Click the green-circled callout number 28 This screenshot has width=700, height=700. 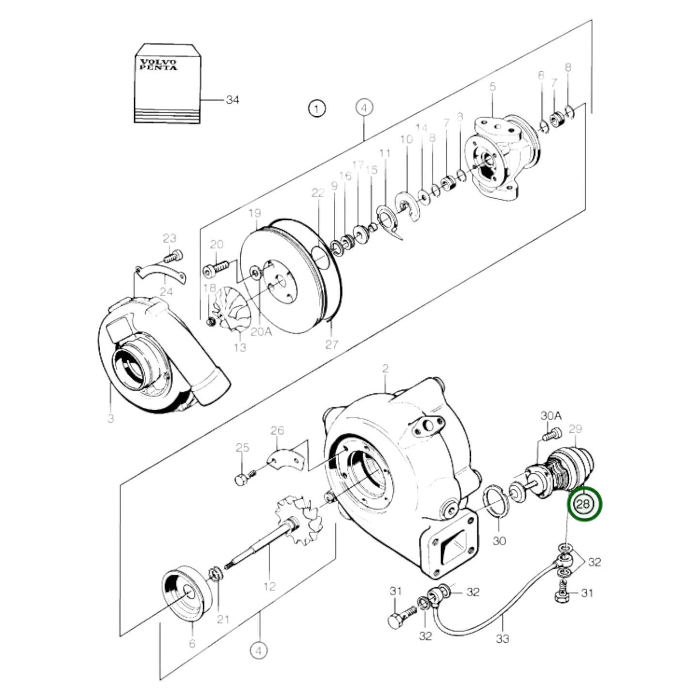click(x=584, y=504)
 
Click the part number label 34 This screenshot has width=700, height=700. click(x=232, y=100)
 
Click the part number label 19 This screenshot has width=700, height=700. click(x=255, y=213)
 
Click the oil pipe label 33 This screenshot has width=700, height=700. click(x=503, y=638)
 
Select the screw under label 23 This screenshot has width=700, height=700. click(x=174, y=255)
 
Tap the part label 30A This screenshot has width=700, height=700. click(x=551, y=416)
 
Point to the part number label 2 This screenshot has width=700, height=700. click(x=385, y=369)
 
